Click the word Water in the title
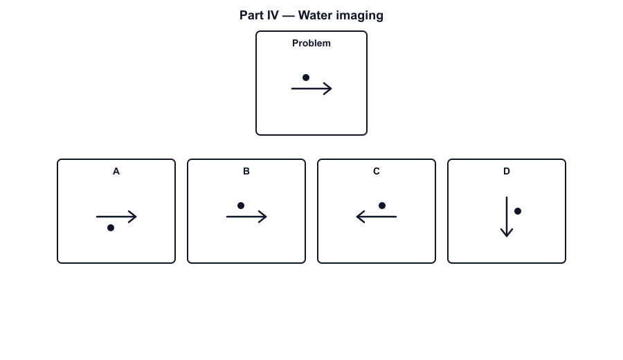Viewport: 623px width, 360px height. pos(316,15)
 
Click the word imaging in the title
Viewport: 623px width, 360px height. pos(361,16)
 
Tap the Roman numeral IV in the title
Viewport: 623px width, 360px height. pos(273,15)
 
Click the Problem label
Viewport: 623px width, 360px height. pos(311,43)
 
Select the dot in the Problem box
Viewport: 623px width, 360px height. pos(306,78)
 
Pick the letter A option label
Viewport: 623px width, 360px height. pos(116,171)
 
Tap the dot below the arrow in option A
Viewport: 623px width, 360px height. pos(111,228)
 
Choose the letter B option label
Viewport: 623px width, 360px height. pos(246,171)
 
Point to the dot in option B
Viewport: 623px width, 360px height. pos(241,206)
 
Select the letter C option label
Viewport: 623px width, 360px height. pos(377,171)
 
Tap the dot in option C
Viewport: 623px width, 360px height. pos(382,206)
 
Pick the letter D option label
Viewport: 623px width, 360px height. pos(507,171)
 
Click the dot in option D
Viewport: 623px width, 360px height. pos(518,211)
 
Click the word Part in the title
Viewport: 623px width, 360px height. pos(251,15)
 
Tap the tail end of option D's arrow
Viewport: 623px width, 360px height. pos(507,197)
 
